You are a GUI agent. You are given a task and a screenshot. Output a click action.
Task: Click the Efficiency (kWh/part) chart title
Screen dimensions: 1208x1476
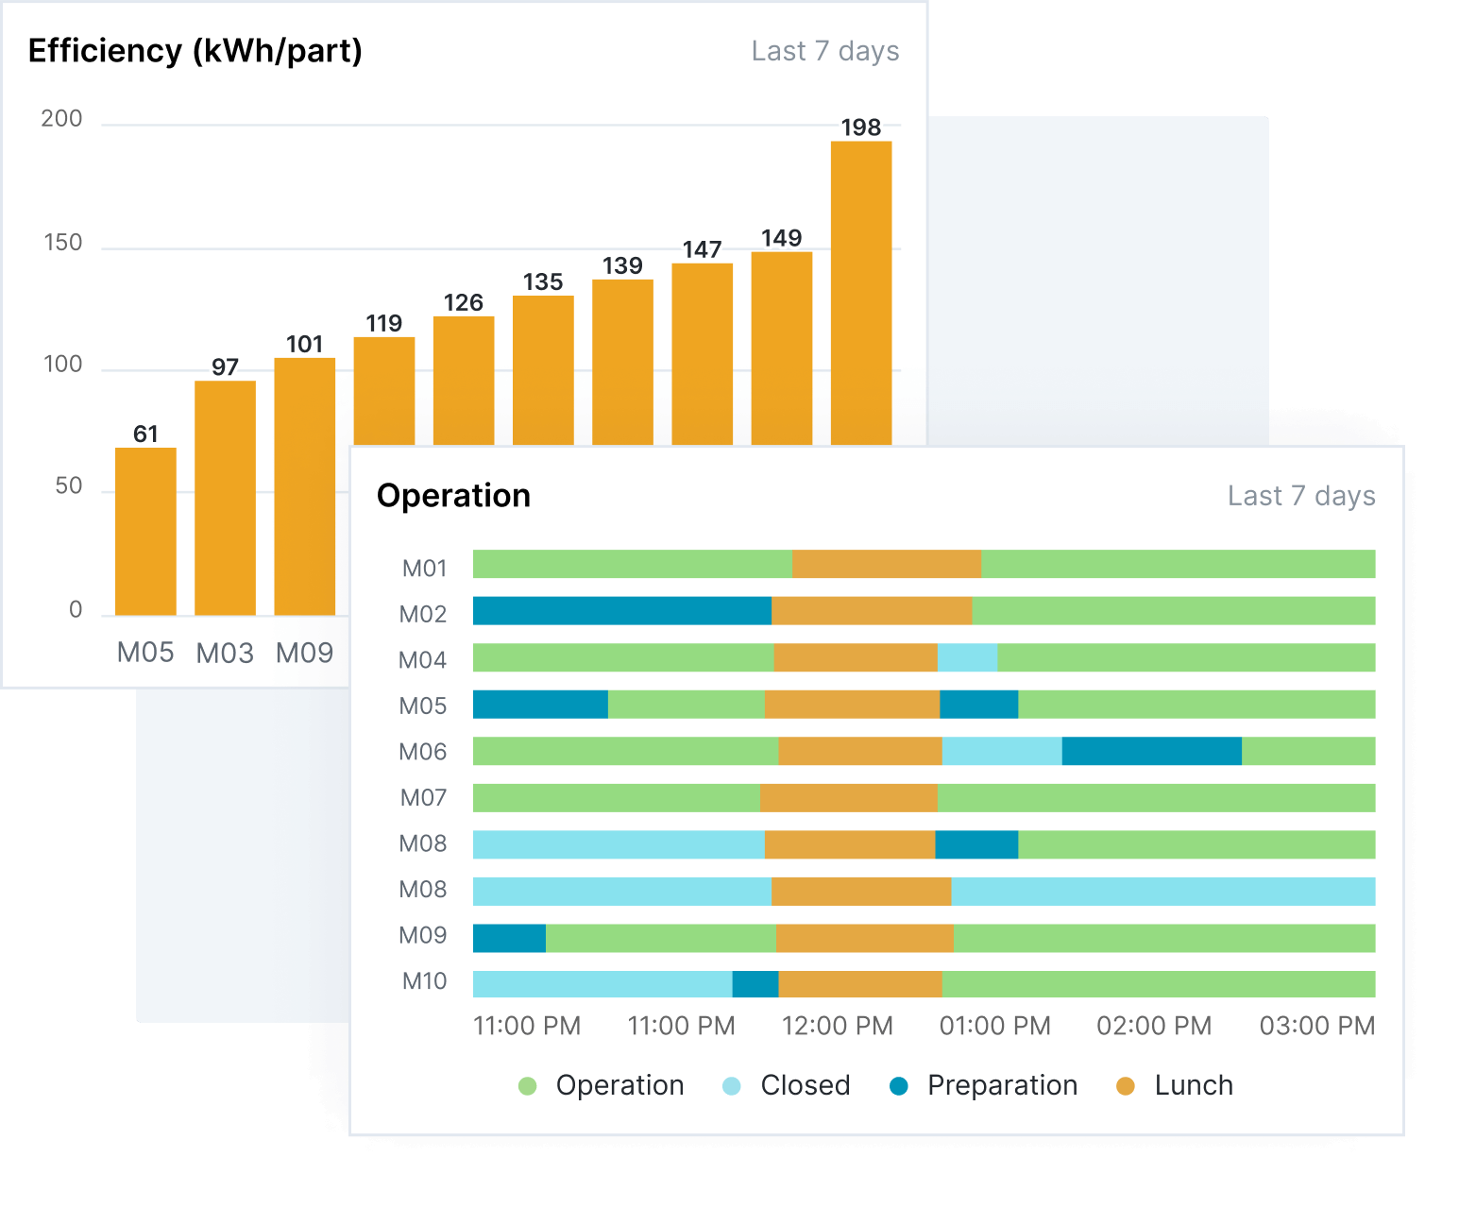[x=195, y=51]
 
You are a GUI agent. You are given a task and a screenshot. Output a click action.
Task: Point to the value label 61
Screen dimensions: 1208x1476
[x=145, y=434]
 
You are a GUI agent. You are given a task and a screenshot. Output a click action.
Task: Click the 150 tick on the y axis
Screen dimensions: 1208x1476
[x=63, y=243]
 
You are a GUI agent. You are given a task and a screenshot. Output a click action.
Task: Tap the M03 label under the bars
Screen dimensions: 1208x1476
[x=225, y=653]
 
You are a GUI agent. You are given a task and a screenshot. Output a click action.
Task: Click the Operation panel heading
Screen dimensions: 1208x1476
[x=453, y=496]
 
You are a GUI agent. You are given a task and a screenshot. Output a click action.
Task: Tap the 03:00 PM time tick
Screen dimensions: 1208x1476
[x=1316, y=1026]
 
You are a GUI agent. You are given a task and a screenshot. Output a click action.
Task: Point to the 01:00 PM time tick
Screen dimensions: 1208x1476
[x=994, y=1026]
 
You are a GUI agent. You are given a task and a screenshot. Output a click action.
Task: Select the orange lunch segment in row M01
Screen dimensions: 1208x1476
[x=886, y=564]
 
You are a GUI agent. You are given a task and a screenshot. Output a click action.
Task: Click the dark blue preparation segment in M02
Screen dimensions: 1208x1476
[x=621, y=611]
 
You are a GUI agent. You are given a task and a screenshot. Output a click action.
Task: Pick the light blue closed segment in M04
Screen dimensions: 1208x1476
[x=967, y=657]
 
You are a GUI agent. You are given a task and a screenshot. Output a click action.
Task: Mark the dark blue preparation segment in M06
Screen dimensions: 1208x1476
[x=1151, y=751]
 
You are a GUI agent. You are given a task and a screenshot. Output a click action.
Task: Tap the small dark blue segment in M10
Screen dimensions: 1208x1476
[x=755, y=984]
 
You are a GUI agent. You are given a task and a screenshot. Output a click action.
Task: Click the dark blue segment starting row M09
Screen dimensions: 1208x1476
[x=509, y=938]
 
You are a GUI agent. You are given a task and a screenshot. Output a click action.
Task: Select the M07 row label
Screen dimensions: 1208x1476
[x=423, y=798]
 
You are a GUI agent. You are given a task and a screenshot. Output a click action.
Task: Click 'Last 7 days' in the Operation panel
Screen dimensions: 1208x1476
[x=1300, y=496]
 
